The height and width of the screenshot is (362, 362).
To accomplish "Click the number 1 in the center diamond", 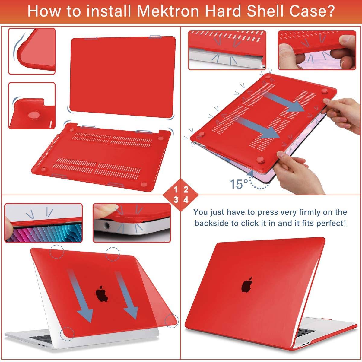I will (x=176, y=190).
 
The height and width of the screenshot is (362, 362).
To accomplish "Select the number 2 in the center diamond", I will (x=186, y=190).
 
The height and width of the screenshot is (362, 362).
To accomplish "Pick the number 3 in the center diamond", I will (x=176, y=200).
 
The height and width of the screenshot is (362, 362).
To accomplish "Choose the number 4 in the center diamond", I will (x=186, y=200).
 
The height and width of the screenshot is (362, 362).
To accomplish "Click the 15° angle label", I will (x=239, y=184).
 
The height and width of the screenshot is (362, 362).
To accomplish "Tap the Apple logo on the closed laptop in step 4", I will (x=247, y=285).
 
